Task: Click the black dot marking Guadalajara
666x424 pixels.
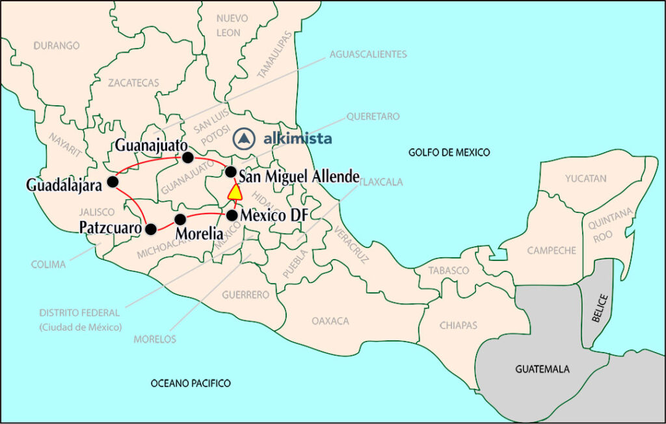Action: tap(113, 181)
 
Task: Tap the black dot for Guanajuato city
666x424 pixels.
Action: tap(188, 157)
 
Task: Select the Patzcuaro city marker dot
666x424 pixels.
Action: tap(151, 229)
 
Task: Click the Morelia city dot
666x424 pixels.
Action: tap(180, 218)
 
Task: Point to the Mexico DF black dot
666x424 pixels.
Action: tap(232, 215)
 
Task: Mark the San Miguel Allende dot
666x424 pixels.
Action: tap(230, 171)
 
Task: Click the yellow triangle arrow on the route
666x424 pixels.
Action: tap(235, 192)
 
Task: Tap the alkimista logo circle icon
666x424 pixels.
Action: tap(244, 138)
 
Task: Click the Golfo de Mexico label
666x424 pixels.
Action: tap(449, 153)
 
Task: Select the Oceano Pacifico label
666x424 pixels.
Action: tap(191, 384)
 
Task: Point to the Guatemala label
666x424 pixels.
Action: tap(542, 369)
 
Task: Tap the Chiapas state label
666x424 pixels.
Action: tap(458, 325)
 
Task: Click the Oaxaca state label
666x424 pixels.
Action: tap(330, 321)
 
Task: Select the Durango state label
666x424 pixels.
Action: tap(57, 46)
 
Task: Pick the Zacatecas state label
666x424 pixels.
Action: tap(133, 83)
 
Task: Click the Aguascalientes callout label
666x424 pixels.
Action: tap(368, 55)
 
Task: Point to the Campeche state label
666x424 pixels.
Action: tap(552, 250)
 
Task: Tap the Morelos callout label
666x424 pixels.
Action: tap(155, 339)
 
